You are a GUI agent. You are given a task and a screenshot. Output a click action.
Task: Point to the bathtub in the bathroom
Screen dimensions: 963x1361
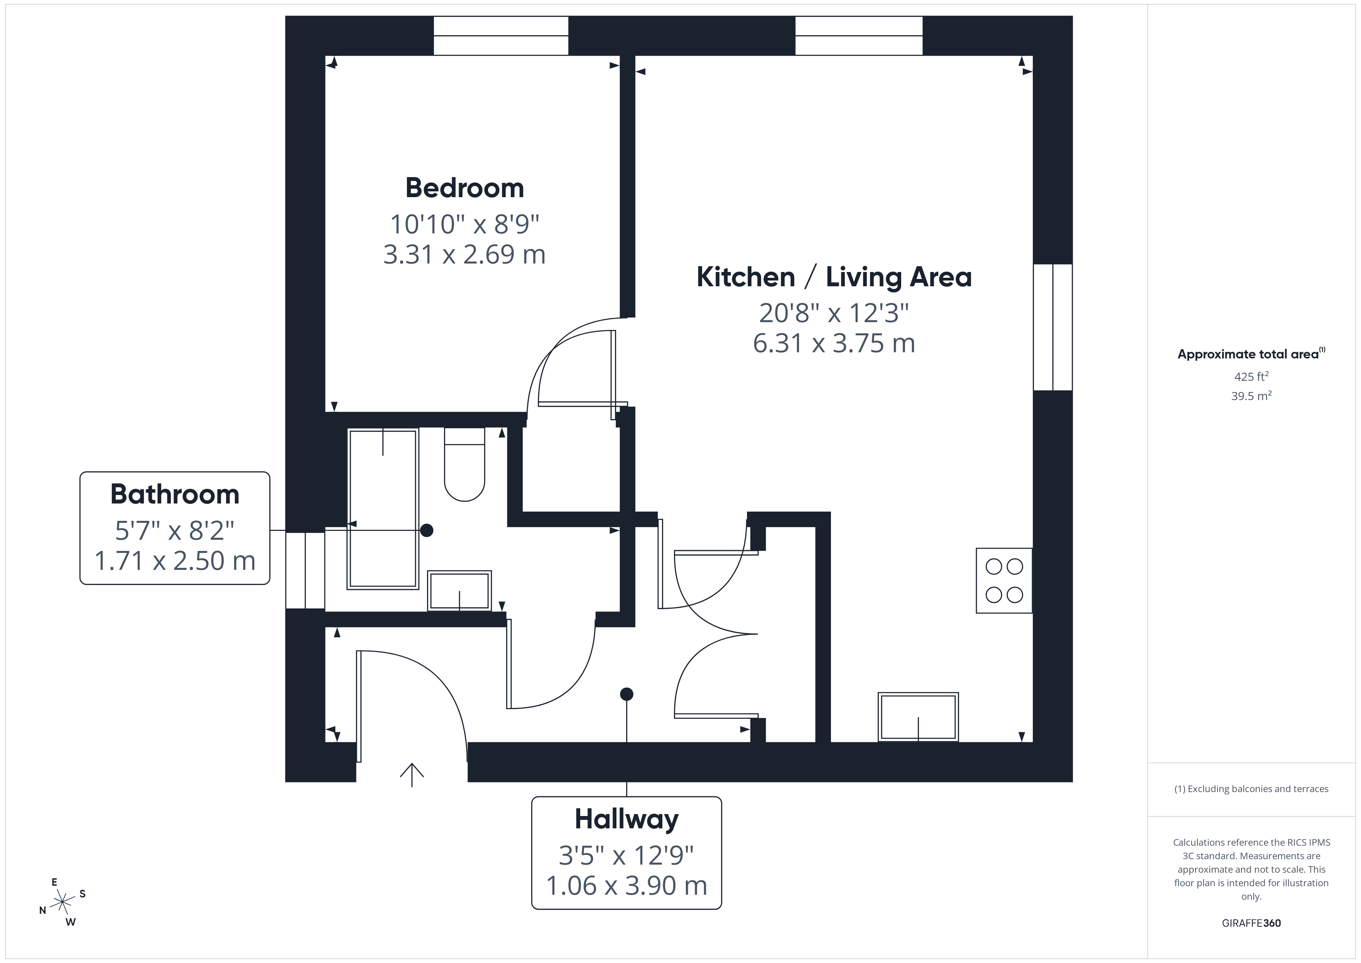(x=383, y=509)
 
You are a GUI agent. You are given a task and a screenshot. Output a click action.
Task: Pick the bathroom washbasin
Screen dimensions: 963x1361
(x=459, y=591)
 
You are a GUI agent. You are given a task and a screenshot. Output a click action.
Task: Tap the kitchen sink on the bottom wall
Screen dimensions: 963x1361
(x=918, y=717)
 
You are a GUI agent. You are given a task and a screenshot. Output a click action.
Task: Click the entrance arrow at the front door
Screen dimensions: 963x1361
(x=412, y=774)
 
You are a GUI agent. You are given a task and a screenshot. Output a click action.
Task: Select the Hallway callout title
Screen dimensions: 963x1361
(x=626, y=819)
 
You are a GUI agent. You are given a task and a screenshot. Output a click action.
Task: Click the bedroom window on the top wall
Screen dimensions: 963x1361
(x=501, y=35)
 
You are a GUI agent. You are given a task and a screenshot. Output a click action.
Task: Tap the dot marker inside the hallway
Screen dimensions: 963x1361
(x=626, y=694)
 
